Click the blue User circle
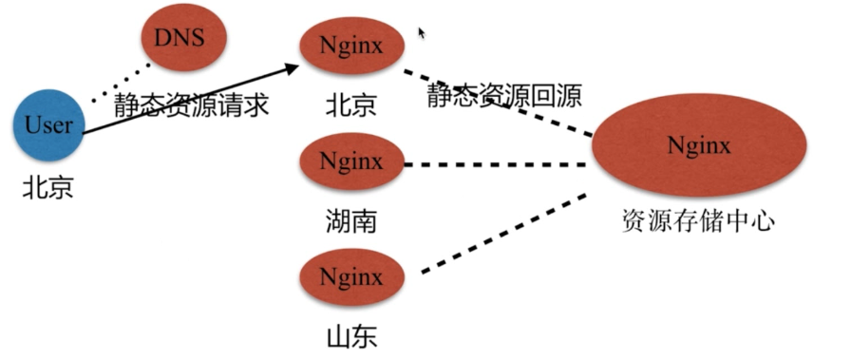[x=48, y=125]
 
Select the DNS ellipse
[x=183, y=38]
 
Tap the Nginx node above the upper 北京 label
[x=351, y=46]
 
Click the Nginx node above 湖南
[x=351, y=161]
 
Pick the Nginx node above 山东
[x=351, y=277]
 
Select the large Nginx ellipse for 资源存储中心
[x=699, y=145]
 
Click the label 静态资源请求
[x=191, y=104]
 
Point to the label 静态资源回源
[x=504, y=95]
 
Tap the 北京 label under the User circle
[x=47, y=188]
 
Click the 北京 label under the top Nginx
[x=351, y=104]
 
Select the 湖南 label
[x=351, y=221]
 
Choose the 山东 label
[x=351, y=336]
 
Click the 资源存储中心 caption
[x=698, y=221]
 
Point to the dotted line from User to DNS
[x=121, y=83]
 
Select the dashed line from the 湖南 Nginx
[x=496, y=164]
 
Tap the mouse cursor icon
[x=422, y=32]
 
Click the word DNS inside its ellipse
[x=180, y=37]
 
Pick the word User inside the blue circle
[x=48, y=124]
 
